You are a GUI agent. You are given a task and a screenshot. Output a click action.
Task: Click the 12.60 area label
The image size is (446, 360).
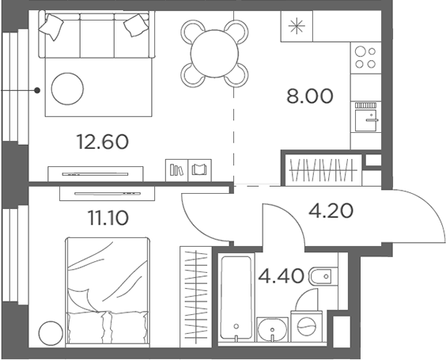(101, 142)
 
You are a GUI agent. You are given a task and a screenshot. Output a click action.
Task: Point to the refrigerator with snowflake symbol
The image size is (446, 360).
(297, 26)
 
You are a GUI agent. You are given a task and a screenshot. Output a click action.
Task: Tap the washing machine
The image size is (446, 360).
(306, 325)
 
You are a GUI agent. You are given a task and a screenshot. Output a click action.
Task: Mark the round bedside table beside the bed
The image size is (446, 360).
(51, 332)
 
